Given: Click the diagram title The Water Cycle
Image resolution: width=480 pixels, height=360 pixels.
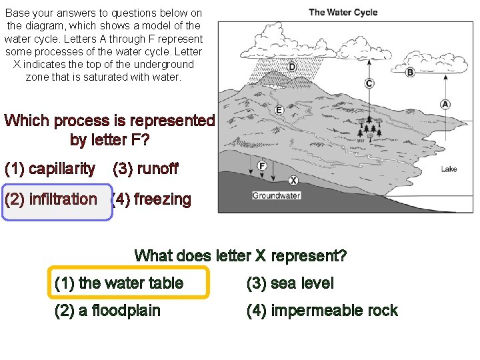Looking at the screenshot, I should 343,12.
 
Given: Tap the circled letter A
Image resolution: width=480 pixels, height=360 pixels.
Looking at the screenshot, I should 445,104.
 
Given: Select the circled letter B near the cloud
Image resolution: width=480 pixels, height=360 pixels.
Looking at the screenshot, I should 410,72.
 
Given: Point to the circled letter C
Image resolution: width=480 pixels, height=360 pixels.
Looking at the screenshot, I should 369,83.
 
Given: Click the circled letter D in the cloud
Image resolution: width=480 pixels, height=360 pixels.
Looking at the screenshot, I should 292,67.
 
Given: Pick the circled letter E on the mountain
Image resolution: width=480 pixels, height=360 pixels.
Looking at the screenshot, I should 279,109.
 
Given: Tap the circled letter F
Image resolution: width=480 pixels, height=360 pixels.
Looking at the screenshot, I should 262,165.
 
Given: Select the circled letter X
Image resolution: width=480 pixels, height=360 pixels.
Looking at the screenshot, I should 293,180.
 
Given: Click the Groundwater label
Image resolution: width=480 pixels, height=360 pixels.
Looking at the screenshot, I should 276,195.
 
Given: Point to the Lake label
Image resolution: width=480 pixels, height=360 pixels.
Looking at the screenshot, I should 449,169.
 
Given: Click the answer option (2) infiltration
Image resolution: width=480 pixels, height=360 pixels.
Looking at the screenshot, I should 51,199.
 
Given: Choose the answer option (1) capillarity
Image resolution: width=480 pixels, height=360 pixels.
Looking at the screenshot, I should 49,169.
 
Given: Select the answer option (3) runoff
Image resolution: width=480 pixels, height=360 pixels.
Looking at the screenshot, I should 145,169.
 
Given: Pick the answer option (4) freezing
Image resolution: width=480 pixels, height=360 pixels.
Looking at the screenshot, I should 151,199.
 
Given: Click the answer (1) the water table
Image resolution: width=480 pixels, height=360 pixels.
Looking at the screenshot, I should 119,283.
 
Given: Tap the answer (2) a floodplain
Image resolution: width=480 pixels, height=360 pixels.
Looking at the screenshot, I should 107,311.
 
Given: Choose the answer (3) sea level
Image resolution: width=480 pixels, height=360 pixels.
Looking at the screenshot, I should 289,283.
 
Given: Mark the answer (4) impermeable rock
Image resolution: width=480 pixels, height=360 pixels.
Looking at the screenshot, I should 321,311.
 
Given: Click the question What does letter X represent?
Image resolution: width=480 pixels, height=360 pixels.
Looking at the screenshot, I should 240,255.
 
